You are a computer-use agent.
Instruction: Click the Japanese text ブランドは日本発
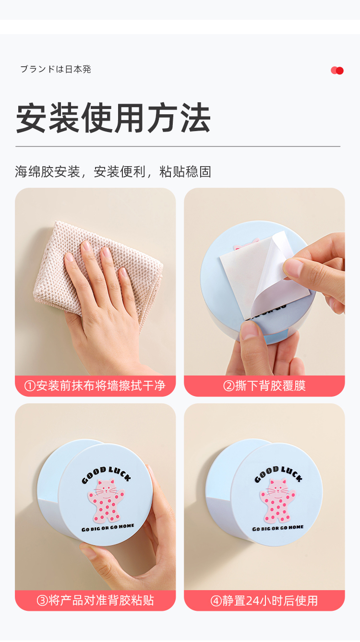pos(56,69)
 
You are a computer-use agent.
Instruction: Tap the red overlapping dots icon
pos(337,71)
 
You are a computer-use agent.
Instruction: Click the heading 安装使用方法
pos(113,118)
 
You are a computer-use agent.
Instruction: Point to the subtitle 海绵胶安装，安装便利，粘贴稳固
pos(113,172)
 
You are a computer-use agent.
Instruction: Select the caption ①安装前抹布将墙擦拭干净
pos(95,386)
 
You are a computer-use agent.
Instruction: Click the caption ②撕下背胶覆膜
pos(264,386)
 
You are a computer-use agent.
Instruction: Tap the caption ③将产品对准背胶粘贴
pos(95,600)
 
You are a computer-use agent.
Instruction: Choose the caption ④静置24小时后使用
pos(264,600)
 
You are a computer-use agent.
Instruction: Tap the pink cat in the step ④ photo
pos(277,501)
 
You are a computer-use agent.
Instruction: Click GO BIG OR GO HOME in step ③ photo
pos(108,527)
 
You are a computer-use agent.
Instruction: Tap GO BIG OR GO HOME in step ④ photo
pos(278,528)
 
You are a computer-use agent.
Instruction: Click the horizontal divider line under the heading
pos(178,146)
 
